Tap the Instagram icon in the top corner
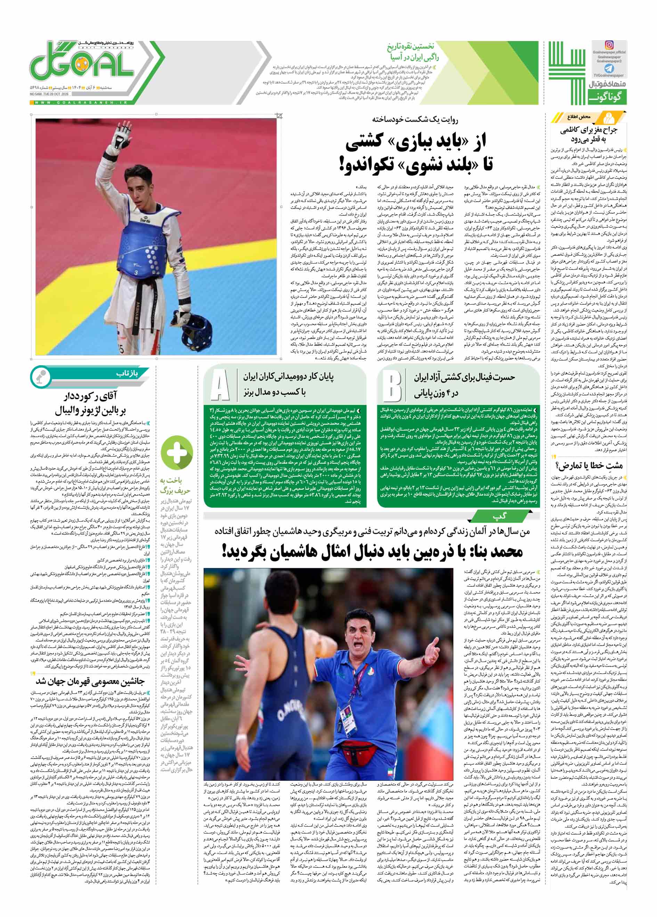(x=609, y=45)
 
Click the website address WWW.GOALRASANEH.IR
(x=81, y=103)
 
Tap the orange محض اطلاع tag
(x=579, y=117)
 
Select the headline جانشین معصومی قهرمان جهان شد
(x=90, y=681)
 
